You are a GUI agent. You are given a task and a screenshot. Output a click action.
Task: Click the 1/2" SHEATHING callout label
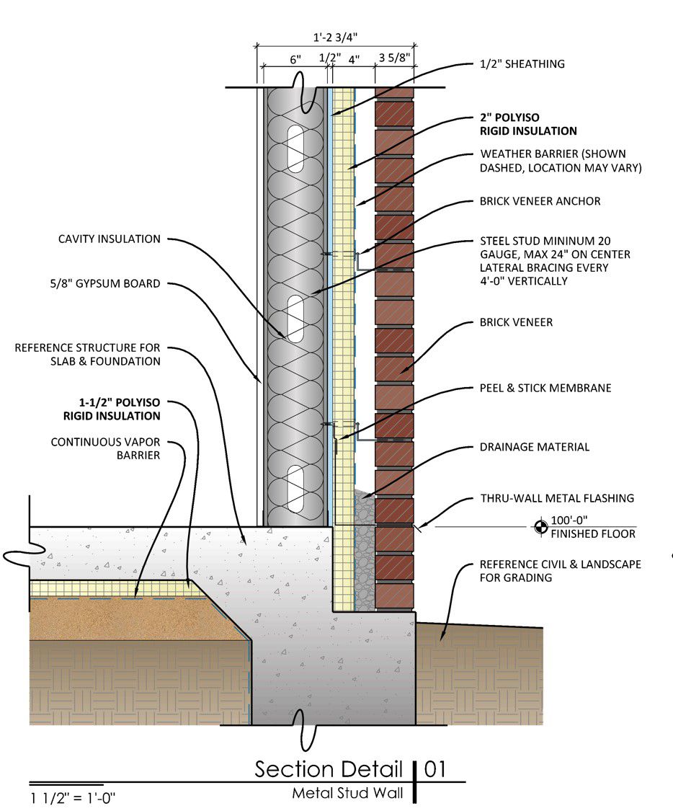[522, 64]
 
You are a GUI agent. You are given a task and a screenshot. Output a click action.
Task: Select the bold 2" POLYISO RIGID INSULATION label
[528, 124]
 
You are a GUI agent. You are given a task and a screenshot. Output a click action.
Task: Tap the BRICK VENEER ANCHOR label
[540, 201]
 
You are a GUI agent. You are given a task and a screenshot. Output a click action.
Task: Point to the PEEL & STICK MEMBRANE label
[545, 388]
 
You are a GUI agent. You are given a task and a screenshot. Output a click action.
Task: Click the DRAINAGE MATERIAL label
[534, 447]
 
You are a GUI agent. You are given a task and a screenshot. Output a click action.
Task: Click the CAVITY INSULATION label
[109, 239]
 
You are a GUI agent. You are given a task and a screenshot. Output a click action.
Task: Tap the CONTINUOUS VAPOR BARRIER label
[105, 448]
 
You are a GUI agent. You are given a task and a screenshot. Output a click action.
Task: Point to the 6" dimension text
[295, 61]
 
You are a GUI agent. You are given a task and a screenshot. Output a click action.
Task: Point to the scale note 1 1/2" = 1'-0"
[73, 797]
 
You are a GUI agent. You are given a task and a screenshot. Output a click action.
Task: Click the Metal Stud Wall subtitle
[347, 794]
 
